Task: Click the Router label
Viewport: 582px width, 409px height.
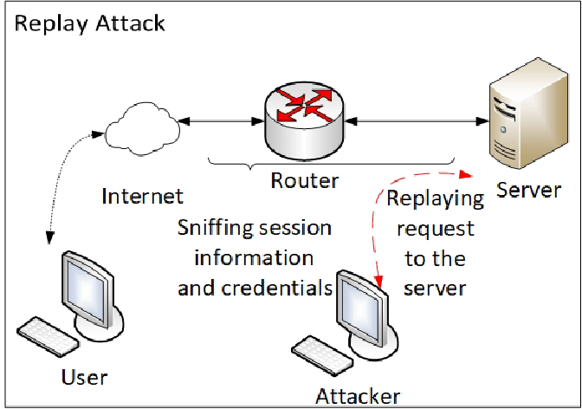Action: (304, 181)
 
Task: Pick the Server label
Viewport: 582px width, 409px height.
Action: (528, 189)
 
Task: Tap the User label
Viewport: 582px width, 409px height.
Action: (84, 377)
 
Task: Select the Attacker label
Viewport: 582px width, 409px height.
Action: (358, 397)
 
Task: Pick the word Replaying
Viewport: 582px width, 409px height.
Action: (435, 198)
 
